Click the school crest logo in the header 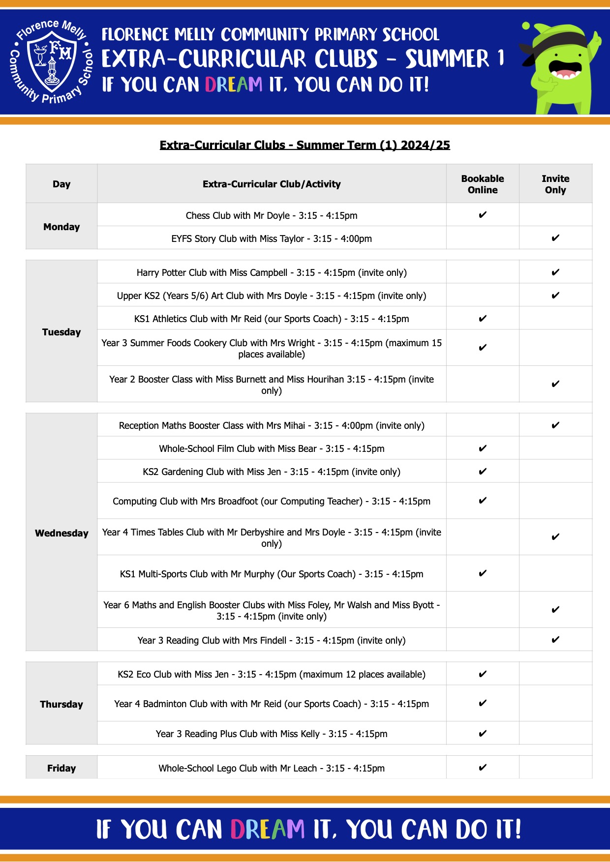click(x=51, y=61)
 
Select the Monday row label click(x=61, y=227)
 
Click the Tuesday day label click(x=61, y=332)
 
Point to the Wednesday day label click(x=61, y=533)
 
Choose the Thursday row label click(x=61, y=704)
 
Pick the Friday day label click(x=61, y=768)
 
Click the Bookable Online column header click(x=483, y=184)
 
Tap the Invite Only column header click(x=555, y=184)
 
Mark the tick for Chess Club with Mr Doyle click(x=483, y=215)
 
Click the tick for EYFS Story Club click(x=555, y=238)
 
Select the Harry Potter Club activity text click(x=272, y=272)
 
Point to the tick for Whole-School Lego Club click(x=483, y=767)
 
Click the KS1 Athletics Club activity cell click(x=272, y=319)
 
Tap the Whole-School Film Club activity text click(x=272, y=448)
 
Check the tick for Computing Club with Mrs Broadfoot click(x=483, y=501)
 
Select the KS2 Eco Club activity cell click(x=272, y=674)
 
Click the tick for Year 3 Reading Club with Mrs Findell click(x=555, y=640)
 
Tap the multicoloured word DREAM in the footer click(x=268, y=829)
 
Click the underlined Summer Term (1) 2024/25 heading click(x=305, y=145)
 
